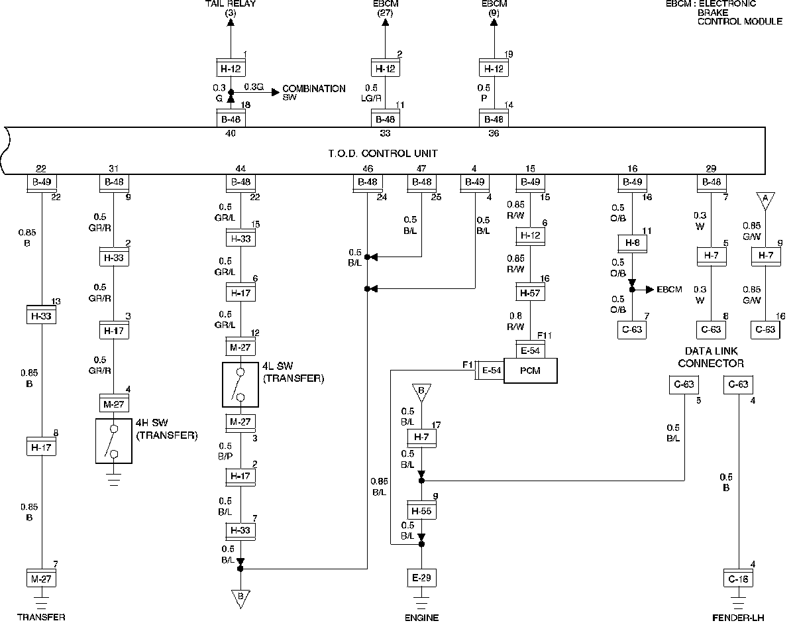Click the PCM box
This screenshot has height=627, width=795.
[530, 370]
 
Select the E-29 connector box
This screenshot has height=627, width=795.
[421, 577]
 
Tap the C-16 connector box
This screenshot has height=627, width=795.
[738, 578]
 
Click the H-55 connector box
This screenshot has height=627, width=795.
[421, 510]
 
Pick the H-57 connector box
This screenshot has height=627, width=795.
[530, 292]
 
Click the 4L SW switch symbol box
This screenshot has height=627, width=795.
[240, 384]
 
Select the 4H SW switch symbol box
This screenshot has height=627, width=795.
[114, 441]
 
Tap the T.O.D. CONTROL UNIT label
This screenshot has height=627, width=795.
[383, 153]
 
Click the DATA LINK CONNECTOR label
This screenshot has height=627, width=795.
[711, 357]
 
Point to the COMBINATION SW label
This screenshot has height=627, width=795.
[313, 92]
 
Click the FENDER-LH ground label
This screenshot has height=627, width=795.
[738, 618]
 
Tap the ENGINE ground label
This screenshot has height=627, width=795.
[421, 618]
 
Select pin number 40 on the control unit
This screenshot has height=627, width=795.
[230, 133]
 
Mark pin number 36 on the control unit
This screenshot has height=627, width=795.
[494, 133]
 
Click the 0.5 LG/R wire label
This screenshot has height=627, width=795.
[371, 93]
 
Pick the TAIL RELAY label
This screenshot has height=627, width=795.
[231, 8]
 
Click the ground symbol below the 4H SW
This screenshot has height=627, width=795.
[114, 479]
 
